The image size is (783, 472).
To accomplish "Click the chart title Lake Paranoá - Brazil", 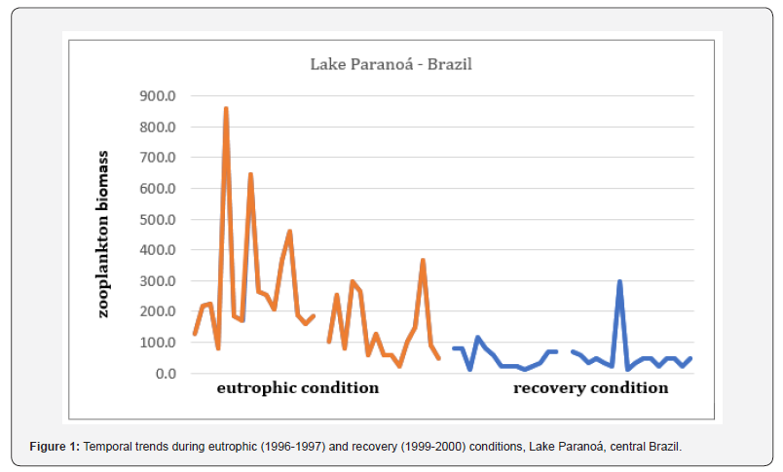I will coord(391,65).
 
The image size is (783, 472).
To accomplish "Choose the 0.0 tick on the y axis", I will coord(163,374).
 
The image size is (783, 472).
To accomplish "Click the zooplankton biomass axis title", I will coord(103,235).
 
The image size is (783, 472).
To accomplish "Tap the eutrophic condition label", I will coord(297,388).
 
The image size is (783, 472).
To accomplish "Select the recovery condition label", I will coord(590,388).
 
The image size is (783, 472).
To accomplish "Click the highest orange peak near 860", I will coord(226,109).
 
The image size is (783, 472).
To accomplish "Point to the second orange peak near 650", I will coord(250,175).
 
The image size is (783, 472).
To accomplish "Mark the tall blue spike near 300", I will coord(619,282).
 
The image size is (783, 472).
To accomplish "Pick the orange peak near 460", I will coord(289,232).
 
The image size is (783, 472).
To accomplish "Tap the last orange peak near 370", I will coord(423,261).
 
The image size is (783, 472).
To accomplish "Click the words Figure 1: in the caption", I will coord(56,446).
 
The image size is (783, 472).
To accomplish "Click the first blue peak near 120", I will coord(477,338).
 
